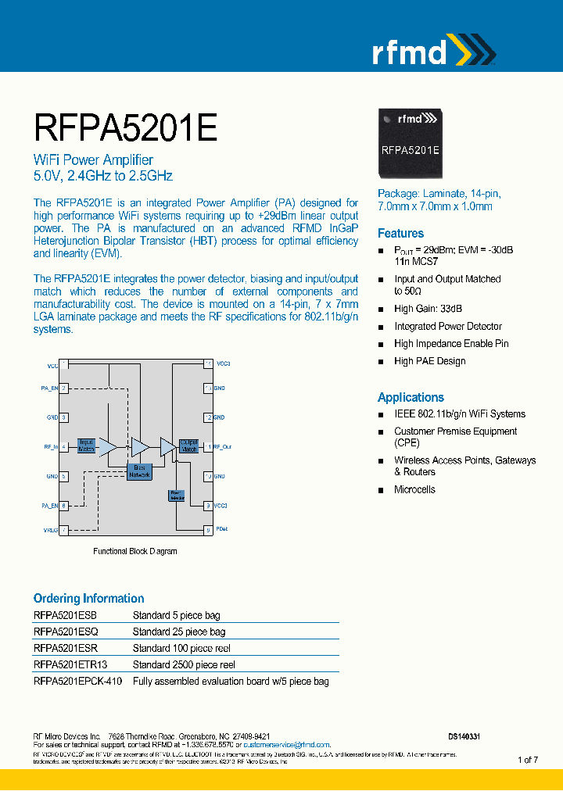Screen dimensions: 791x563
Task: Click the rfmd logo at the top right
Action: click(x=432, y=51)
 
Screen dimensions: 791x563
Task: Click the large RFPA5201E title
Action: click(x=125, y=127)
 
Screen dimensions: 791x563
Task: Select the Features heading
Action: click(x=400, y=233)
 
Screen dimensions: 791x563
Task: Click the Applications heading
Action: click(x=411, y=397)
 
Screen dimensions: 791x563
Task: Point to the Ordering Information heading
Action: click(x=88, y=598)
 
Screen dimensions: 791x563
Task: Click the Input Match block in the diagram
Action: click(x=86, y=446)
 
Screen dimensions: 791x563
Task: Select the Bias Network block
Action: click(x=139, y=471)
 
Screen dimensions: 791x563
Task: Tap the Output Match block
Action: click(x=188, y=446)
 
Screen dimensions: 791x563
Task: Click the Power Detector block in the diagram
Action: click(x=176, y=496)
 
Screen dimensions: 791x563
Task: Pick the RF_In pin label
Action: click(x=50, y=447)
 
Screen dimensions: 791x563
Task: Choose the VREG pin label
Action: click(x=51, y=530)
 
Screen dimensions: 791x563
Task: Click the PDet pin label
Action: click(x=222, y=530)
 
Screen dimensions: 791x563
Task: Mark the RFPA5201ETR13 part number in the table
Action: click(x=70, y=664)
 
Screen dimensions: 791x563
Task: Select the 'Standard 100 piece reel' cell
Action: click(x=181, y=648)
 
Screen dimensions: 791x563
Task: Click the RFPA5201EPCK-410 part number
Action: click(x=78, y=681)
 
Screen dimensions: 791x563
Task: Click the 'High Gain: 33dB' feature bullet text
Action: click(x=428, y=309)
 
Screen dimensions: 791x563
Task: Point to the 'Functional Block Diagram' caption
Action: click(x=135, y=551)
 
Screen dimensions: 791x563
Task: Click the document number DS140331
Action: click(x=464, y=736)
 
